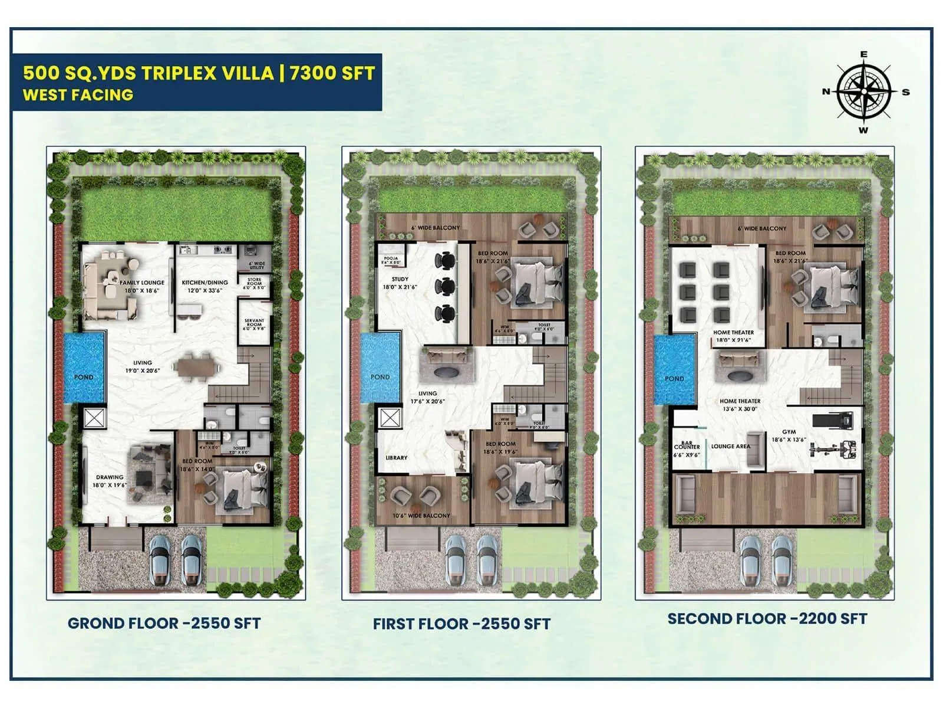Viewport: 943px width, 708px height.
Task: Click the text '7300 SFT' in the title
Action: point(332,73)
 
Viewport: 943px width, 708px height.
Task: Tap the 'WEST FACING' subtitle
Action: point(78,94)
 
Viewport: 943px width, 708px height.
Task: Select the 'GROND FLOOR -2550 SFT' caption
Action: point(164,623)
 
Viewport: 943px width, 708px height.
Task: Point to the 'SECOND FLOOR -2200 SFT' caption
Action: point(767,618)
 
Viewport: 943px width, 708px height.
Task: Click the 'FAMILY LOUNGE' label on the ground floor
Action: point(142,283)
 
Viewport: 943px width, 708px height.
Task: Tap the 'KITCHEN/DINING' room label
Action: point(205,283)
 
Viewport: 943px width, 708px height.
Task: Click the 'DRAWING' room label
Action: point(110,477)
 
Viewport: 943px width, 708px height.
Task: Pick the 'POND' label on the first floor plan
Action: point(380,377)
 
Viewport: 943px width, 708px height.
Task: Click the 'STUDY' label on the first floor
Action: point(400,279)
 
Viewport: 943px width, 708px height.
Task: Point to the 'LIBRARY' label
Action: point(396,457)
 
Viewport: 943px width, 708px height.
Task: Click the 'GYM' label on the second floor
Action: point(789,432)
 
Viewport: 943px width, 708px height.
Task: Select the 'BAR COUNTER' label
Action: point(687,445)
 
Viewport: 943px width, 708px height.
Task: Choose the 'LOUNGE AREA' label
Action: point(731,446)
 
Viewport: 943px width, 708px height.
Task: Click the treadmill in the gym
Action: point(833,421)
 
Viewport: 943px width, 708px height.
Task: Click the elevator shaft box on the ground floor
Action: point(94,417)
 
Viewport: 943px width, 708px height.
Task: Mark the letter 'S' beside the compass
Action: point(906,92)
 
